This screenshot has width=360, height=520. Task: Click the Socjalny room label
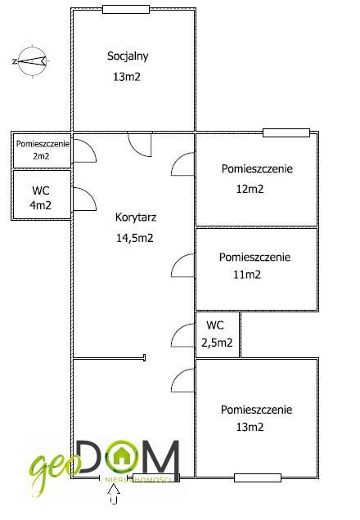coord(128,56)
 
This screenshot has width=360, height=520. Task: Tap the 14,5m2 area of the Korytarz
coord(135,238)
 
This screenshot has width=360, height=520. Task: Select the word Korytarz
coord(136,217)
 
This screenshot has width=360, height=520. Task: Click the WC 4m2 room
coord(42,195)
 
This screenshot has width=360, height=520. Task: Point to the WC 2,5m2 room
coord(218,334)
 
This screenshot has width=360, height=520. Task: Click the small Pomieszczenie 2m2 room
coord(43,150)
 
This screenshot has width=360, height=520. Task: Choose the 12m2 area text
coord(250,189)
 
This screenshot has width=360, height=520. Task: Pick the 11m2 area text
coord(247,275)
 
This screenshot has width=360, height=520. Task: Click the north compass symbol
coord(33,61)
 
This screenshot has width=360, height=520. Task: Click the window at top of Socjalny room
coord(126,9)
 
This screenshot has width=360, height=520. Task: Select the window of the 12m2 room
coord(286,132)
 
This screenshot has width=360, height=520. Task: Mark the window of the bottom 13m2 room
coord(258,477)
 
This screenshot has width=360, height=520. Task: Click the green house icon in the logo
coord(122,457)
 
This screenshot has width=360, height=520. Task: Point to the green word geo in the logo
coord(53,470)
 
